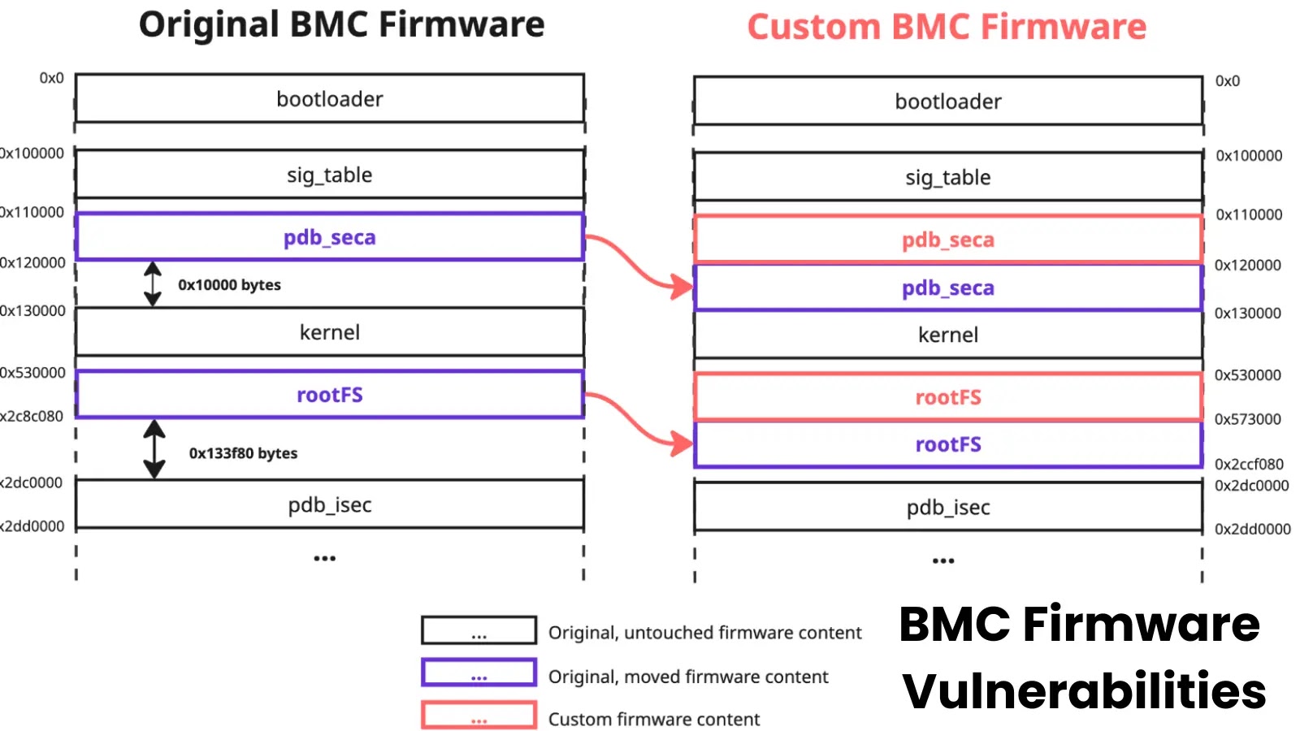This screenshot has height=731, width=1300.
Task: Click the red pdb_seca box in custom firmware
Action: [x=947, y=240]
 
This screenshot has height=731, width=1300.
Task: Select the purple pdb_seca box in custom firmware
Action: [x=947, y=288]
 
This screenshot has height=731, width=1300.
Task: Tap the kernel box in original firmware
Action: [x=329, y=332]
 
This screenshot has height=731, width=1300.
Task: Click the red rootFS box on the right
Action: [x=947, y=397]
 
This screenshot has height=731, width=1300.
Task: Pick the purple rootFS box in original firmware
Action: [x=329, y=395]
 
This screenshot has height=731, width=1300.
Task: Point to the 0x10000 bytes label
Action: [x=229, y=285]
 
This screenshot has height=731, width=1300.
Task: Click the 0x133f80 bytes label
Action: [x=243, y=453]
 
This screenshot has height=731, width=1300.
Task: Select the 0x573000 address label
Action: [x=1247, y=419]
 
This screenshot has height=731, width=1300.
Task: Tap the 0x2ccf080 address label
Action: [x=1249, y=464]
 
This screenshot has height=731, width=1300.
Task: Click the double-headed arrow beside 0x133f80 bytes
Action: [x=154, y=448]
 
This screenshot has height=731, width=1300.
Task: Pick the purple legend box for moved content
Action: [x=479, y=673]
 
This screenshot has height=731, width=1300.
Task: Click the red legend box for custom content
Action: [x=479, y=716]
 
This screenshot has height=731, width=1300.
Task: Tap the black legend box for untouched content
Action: [x=479, y=630]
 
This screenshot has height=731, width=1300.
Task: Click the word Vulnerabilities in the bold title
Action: [x=1084, y=691]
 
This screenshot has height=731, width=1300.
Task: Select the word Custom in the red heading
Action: [x=813, y=27]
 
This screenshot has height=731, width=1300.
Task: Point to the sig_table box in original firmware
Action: [x=329, y=175]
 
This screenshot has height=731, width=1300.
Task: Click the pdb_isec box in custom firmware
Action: [x=947, y=508]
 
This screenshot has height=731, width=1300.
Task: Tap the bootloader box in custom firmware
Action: [x=947, y=102]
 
